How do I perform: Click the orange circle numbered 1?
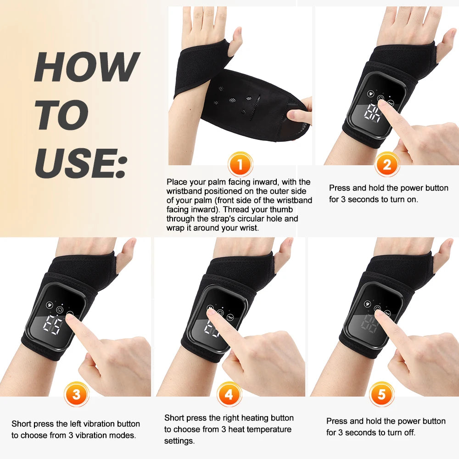[x=240, y=164]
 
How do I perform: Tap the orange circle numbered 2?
[x=387, y=164]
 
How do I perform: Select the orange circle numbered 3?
[x=76, y=394]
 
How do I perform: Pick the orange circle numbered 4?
[x=229, y=394]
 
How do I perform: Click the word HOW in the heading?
[x=86, y=67]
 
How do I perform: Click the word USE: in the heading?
[x=80, y=163]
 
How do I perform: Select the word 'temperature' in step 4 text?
[x=268, y=429]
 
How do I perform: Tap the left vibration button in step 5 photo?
[x=367, y=303]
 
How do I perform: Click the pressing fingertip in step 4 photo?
[x=211, y=313]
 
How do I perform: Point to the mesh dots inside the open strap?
[x=234, y=99]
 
